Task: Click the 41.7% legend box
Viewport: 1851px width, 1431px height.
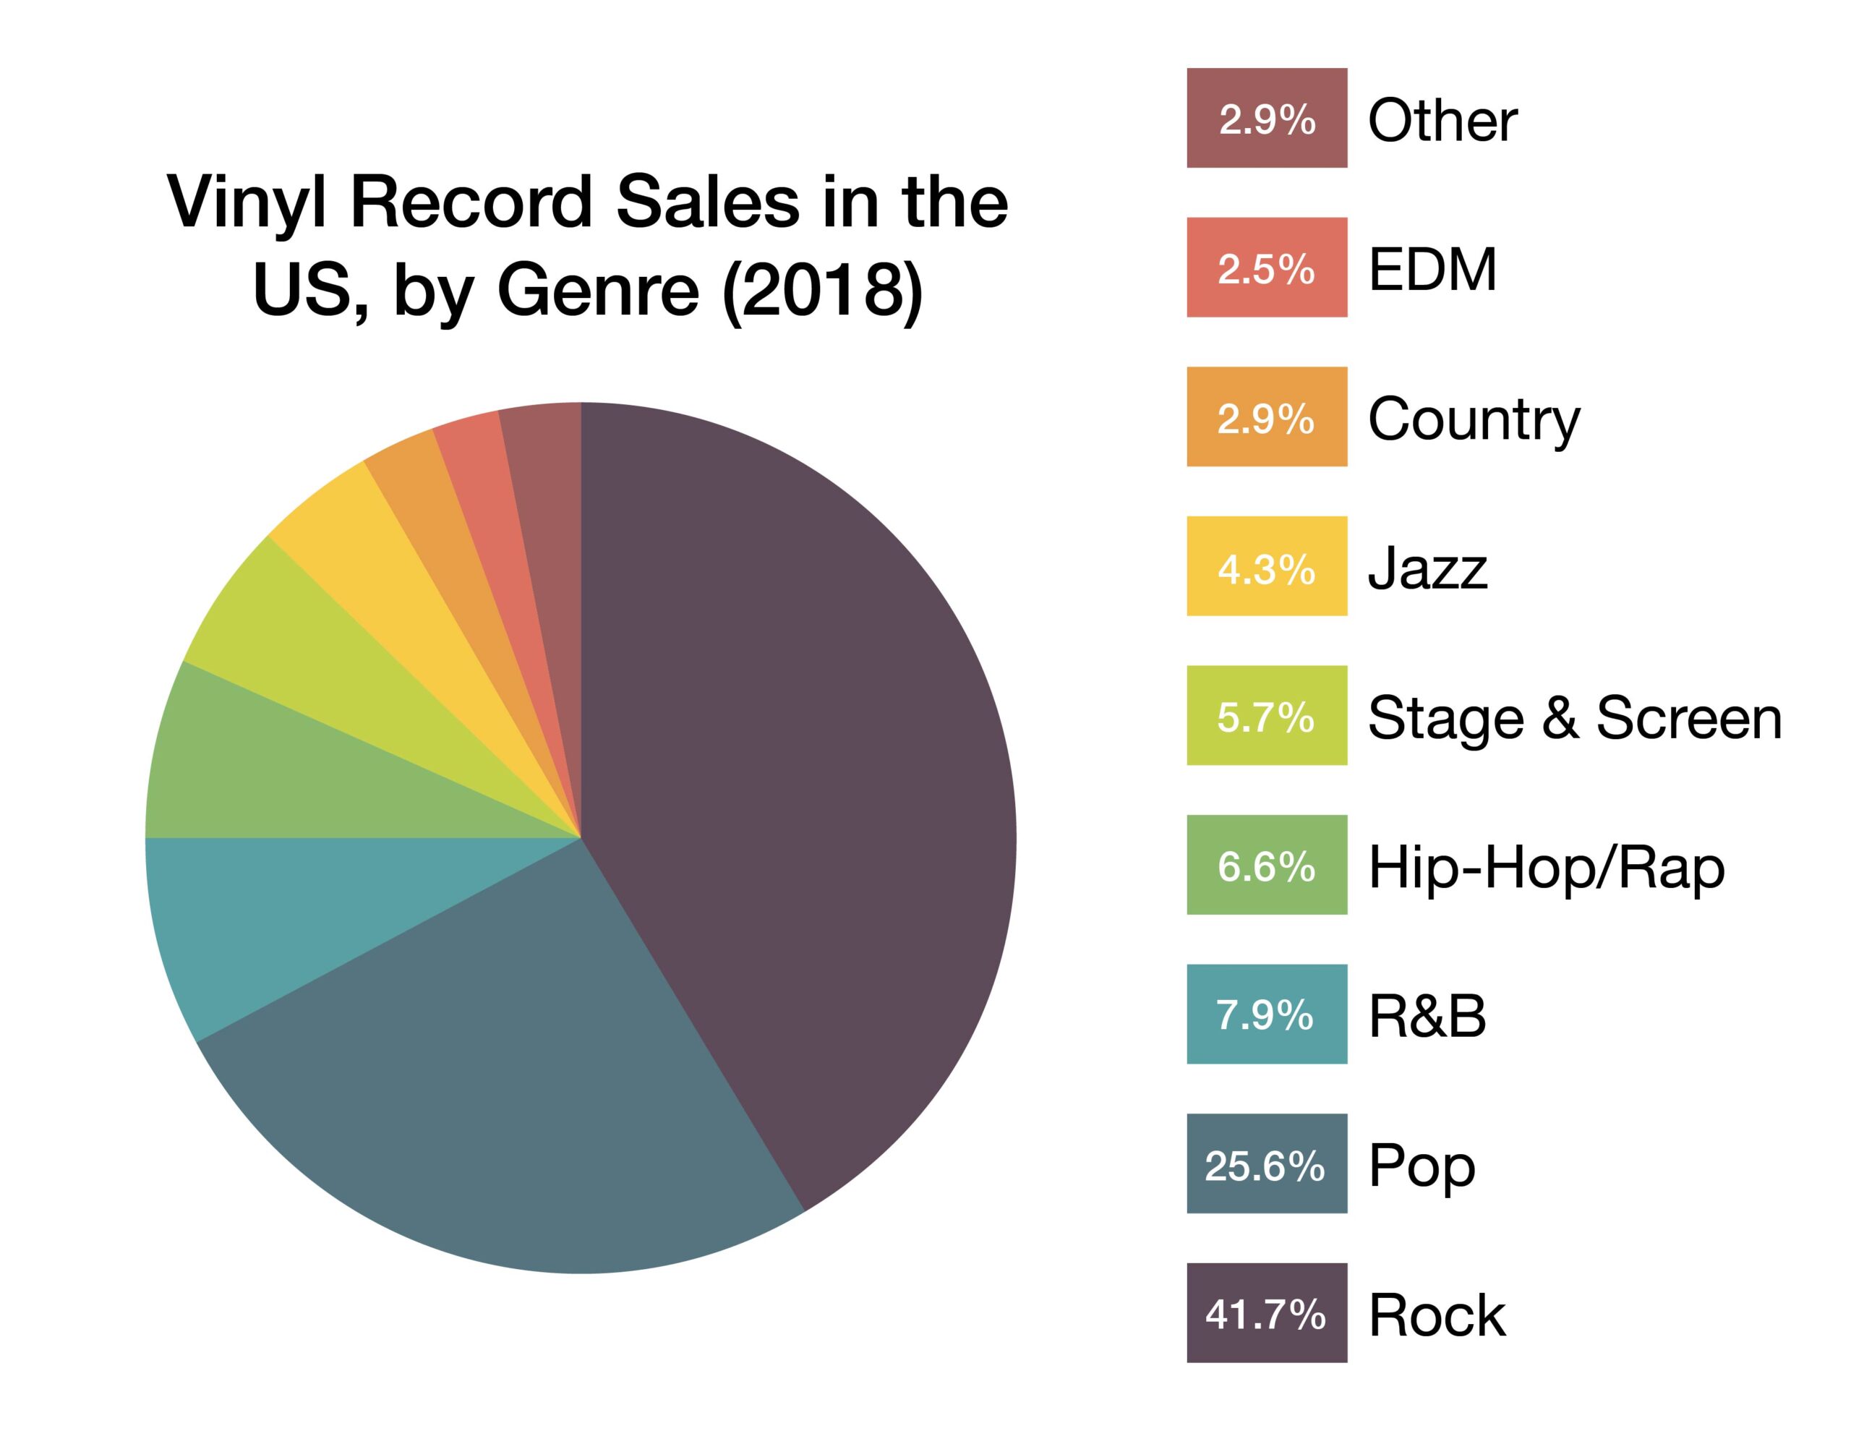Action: (x=1266, y=1314)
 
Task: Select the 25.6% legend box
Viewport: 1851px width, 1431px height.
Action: (x=1266, y=1165)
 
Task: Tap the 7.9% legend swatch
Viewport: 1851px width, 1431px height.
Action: (x=1266, y=1014)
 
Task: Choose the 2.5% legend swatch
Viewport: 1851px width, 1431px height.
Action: (x=1266, y=268)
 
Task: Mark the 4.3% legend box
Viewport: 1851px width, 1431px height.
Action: (x=1266, y=566)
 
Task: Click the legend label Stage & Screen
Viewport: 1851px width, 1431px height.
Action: (x=1575, y=717)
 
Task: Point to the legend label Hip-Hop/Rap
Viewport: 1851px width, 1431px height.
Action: (x=1546, y=868)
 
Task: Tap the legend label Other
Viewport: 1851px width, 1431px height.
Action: (x=1442, y=119)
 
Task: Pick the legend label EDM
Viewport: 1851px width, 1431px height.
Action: (x=1432, y=270)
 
